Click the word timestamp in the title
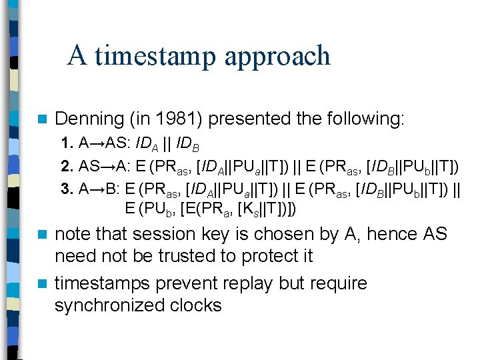pyautogui.click(x=158, y=56)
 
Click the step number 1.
pyautogui.click(x=65, y=143)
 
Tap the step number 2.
pyautogui.click(x=65, y=165)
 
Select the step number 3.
pyautogui.click(x=65, y=188)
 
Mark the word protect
pyautogui.click(x=281, y=257)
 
